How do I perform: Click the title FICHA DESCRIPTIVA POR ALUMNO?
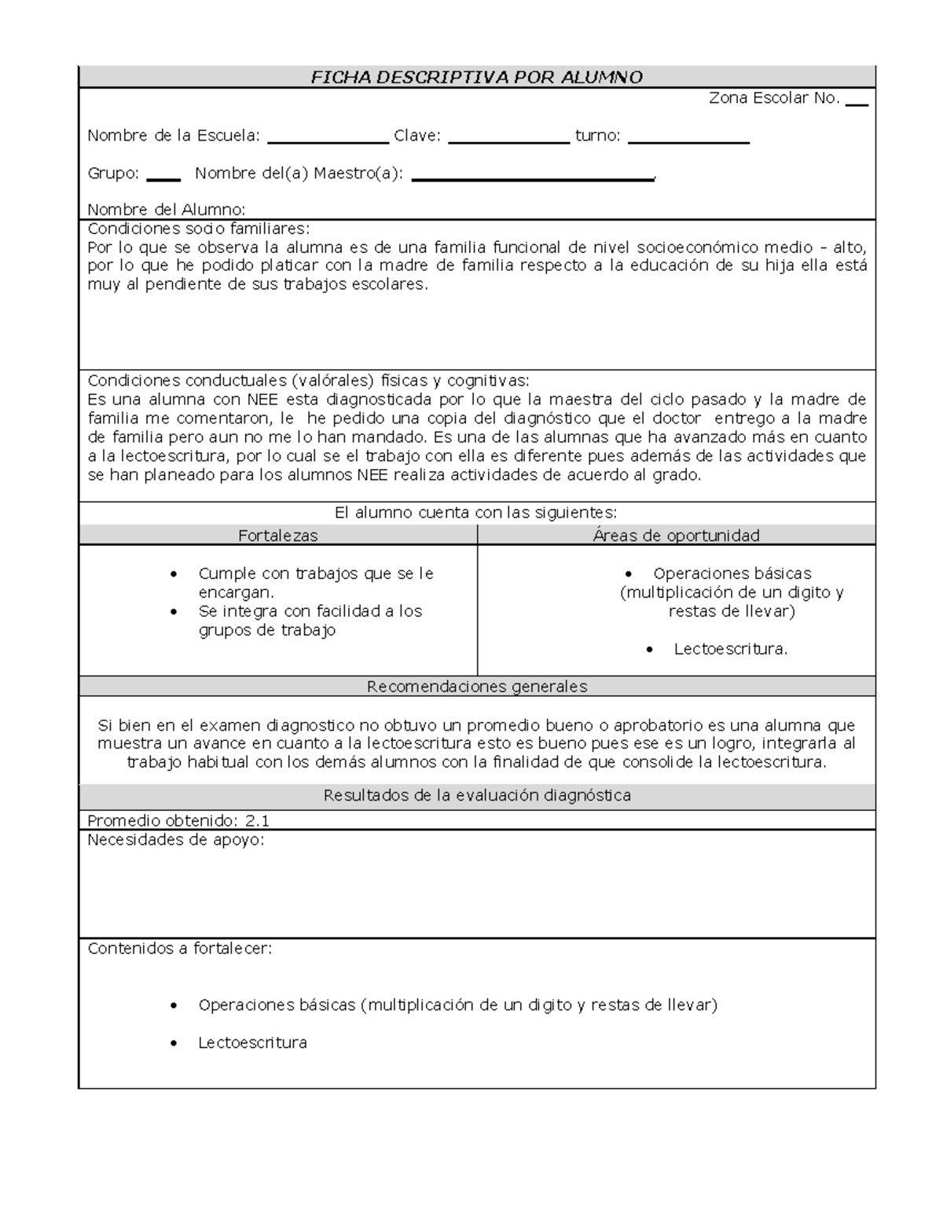pyautogui.click(x=476, y=77)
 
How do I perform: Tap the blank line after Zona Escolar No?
pyautogui.click(x=857, y=104)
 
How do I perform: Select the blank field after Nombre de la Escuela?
pyautogui.click(x=328, y=141)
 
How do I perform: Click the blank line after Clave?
pyautogui.click(x=508, y=141)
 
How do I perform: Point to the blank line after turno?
pyautogui.click(x=688, y=141)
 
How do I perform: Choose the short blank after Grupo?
pyautogui.click(x=163, y=179)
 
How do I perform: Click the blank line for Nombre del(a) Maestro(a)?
pyautogui.click(x=532, y=179)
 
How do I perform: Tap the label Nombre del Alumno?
pyautogui.click(x=167, y=210)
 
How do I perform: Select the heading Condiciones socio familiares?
pyautogui.click(x=199, y=229)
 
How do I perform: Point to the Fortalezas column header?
pyautogui.click(x=278, y=536)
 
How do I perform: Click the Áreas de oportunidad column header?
pyautogui.click(x=676, y=536)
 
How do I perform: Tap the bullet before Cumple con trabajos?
pyautogui.click(x=174, y=574)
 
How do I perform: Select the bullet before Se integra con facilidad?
pyautogui.click(x=174, y=612)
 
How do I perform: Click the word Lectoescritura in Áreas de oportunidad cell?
pyautogui.click(x=730, y=649)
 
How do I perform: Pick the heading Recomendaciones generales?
pyautogui.click(x=477, y=687)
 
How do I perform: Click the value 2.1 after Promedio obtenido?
pyautogui.click(x=257, y=821)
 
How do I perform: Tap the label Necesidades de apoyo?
pyautogui.click(x=176, y=841)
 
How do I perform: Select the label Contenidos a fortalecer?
pyautogui.click(x=180, y=948)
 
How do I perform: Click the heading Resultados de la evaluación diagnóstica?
pyautogui.click(x=477, y=796)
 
